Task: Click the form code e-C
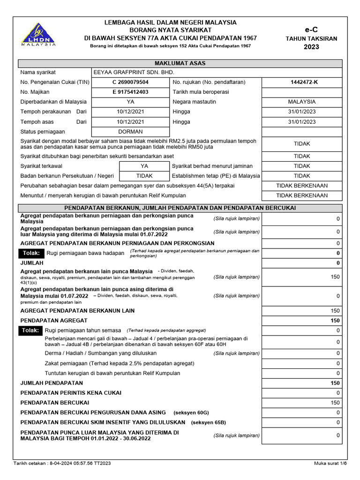coord(311,30)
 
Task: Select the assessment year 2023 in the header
coord(311,46)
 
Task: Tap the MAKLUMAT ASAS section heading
coord(180,63)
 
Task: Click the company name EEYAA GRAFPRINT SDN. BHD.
coord(134,73)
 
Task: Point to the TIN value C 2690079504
coord(130,82)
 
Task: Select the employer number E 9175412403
coord(130,92)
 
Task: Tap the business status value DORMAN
coord(130,132)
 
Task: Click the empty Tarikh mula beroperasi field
coord(302,92)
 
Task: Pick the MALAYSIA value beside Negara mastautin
coord(302,102)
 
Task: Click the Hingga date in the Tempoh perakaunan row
coord(302,112)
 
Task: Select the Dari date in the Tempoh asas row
coord(130,122)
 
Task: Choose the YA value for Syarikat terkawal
coord(144,166)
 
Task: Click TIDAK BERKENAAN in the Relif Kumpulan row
coord(302,195)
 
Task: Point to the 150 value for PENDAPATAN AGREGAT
coord(335,320)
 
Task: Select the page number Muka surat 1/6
coord(330,464)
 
